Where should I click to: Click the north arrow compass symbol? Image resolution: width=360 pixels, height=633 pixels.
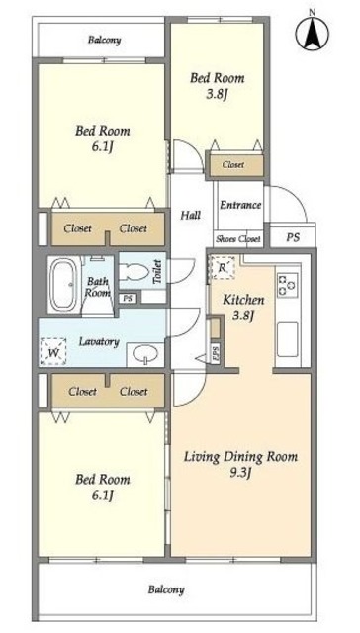[x=312, y=33]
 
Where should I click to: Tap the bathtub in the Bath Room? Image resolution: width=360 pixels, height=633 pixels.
[x=63, y=285]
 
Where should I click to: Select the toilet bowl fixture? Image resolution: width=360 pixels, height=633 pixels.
[x=135, y=271]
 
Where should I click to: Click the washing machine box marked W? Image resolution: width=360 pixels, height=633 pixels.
[x=53, y=352]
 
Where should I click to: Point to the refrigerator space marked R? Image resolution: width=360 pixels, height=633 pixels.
[x=222, y=268]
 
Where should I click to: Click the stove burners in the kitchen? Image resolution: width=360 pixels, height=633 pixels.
[x=288, y=285]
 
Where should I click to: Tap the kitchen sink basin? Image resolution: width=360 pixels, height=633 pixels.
[x=288, y=339]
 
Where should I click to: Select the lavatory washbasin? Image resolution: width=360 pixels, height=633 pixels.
[x=144, y=354]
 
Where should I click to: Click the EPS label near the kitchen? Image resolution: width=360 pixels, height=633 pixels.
[x=216, y=354]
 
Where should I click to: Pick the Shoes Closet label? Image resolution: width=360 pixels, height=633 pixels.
[x=237, y=239]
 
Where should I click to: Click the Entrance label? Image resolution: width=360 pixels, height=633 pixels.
[x=240, y=205]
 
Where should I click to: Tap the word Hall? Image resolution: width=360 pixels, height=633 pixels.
[x=191, y=215]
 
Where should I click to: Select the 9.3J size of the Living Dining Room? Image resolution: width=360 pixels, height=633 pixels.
[x=241, y=473]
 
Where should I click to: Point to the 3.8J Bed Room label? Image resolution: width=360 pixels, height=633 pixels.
[x=218, y=85]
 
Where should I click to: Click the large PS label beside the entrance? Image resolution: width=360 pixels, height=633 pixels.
[x=293, y=237]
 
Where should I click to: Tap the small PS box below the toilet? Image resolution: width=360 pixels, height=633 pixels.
[x=128, y=299]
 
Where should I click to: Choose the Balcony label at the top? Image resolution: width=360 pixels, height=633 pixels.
[x=105, y=40]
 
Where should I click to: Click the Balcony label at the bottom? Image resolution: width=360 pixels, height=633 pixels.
[x=166, y=589]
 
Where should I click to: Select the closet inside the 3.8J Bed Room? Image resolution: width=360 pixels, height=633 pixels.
[x=234, y=165]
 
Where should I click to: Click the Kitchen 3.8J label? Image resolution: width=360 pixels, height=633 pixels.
[x=243, y=308]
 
